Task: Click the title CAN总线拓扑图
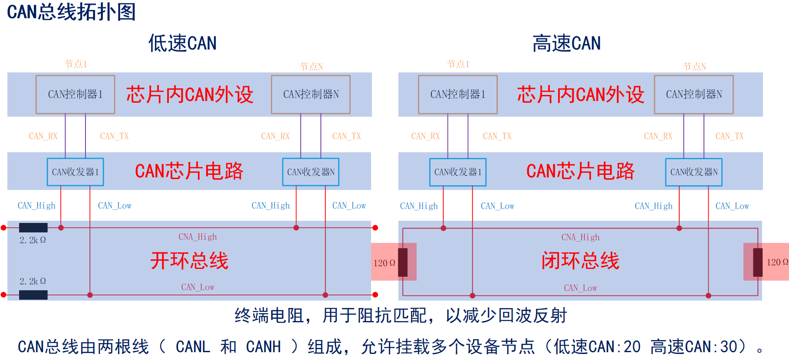[72, 12]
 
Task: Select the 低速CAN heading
[182, 43]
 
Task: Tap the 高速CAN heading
[566, 43]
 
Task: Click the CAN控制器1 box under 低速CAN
[75, 95]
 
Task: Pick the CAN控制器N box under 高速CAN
[694, 95]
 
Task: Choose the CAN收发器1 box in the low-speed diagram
[75, 172]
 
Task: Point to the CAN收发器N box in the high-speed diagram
[694, 172]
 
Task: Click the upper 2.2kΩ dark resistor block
[33, 227]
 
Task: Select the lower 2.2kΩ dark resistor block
[33, 295]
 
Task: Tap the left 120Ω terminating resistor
[403, 262]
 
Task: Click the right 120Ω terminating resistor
[758, 262]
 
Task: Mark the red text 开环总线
[189, 261]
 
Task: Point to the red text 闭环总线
[580, 261]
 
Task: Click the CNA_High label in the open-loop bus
[197, 237]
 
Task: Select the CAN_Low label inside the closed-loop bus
[580, 288]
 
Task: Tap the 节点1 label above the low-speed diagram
[76, 64]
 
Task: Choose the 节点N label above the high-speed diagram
[694, 66]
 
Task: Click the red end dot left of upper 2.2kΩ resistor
[3, 228]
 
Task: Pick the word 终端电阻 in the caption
[269, 315]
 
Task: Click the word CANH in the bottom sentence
[263, 347]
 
